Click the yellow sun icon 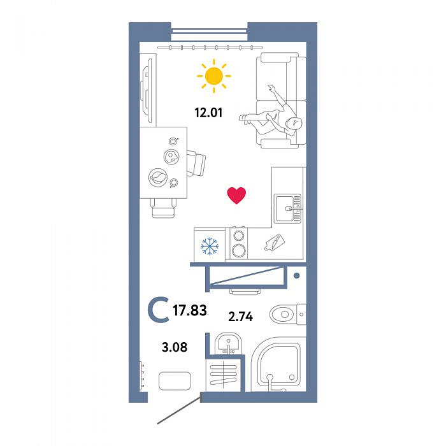(213, 76)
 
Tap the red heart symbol (236, 196)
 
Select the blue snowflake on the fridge (210, 246)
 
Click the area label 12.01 (208, 113)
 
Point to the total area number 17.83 (190, 310)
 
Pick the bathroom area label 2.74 (241, 316)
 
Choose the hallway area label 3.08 (175, 347)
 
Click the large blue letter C (159, 310)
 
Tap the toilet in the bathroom (287, 314)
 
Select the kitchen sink (287, 209)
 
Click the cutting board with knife (275, 242)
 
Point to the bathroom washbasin (228, 343)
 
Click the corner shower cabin (277, 364)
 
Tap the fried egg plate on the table (171, 156)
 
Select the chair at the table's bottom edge (163, 208)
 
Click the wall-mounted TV (148, 90)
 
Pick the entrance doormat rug (175, 381)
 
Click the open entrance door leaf (178, 410)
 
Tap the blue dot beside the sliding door (297, 275)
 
